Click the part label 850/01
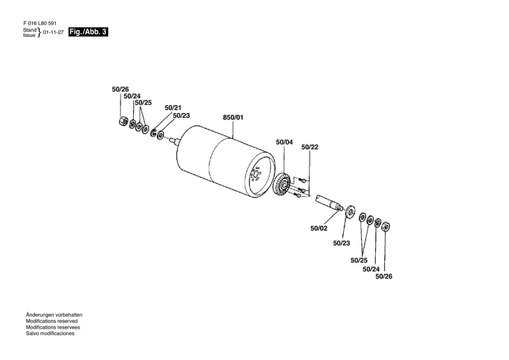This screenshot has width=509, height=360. pyautogui.click(x=233, y=117)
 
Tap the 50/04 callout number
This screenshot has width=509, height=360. pyautogui.click(x=284, y=142)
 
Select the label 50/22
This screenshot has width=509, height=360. pyautogui.click(x=310, y=147)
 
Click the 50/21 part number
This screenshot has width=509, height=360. pyautogui.click(x=173, y=107)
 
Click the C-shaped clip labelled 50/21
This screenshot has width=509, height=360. pyautogui.click(x=153, y=133)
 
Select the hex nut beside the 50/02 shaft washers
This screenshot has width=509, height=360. pyautogui.click(x=388, y=225)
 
